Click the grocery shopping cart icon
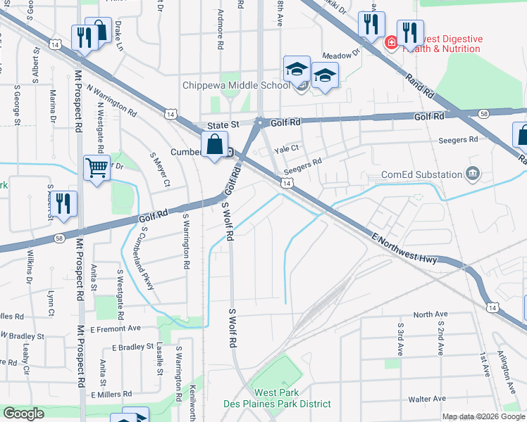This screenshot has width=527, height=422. (97, 167)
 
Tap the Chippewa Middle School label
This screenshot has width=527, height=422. (235, 86)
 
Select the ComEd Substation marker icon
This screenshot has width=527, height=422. (473, 174)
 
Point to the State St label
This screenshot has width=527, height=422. (224, 124)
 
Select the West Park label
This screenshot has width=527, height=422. (277, 392)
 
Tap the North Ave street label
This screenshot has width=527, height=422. (430, 314)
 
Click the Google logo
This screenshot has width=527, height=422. (23, 414)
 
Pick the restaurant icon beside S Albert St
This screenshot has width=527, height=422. (63, 203)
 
